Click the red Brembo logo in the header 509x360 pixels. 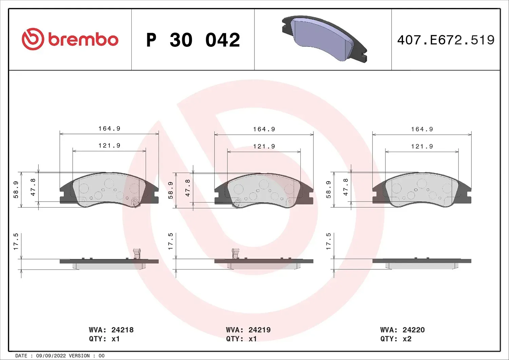coord(70,39)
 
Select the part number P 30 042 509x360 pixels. coord(193,40)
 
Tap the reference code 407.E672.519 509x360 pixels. coord(446,40)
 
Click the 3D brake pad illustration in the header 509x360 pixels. coord(324,39)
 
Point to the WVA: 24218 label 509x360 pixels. coord(111,330)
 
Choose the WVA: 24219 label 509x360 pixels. coord(248,330)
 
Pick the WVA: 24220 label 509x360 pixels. coord(402,330)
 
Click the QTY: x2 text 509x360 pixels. coord(396,339)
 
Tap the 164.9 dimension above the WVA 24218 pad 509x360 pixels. coord(109,129)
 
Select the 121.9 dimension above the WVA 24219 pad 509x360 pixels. coord(264,146)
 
